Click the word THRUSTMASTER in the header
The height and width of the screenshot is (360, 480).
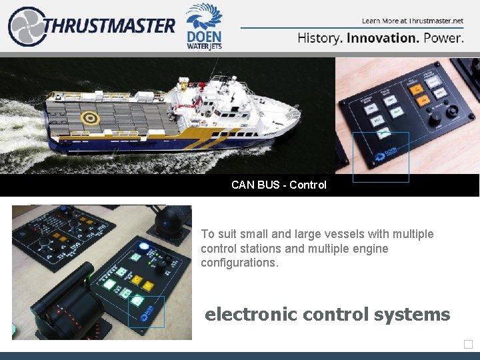click(110, 26)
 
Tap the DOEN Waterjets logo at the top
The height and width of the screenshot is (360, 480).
click(203, 26)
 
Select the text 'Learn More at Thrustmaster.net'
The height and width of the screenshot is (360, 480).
click(412, 21)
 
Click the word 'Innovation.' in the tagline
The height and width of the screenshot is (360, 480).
click(383, 38)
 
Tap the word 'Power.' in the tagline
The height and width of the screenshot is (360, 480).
click(443, 38)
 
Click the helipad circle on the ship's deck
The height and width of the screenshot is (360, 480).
click(88, 119)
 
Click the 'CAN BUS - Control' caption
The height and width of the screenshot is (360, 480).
click(279, 185)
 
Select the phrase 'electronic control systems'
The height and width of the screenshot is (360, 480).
click(327, 314)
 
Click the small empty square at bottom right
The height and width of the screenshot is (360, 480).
click(468, 344)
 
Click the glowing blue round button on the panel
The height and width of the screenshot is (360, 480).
click(143, 246)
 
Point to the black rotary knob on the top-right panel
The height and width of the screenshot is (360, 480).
click(436, 117)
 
